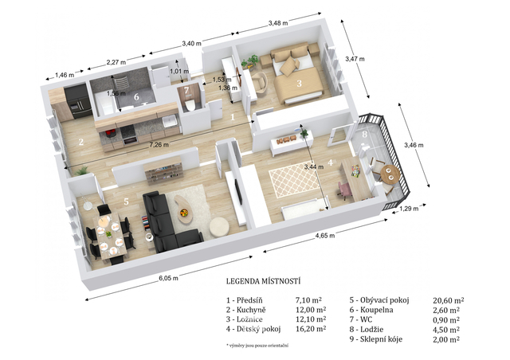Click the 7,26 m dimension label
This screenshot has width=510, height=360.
159,145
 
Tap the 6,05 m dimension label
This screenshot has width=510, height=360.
168,279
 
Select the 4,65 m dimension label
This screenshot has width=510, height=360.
325,236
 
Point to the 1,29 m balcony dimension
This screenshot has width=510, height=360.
409,209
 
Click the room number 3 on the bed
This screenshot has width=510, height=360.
300,84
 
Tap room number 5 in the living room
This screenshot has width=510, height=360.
126,202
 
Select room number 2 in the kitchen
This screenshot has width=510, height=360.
81,142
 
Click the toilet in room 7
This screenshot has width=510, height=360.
189,105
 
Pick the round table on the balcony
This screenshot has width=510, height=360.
390,174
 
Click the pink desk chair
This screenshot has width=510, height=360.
344,190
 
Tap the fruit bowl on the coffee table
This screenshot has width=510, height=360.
183,213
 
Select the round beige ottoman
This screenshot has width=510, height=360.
219,227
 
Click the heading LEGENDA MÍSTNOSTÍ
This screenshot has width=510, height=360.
263,281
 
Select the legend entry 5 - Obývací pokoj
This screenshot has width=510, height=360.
379,300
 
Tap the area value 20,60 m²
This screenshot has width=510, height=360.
448,300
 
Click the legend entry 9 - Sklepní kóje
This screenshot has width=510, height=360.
376,339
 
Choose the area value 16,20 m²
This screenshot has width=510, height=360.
311,329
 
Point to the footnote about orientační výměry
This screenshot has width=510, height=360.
257,346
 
